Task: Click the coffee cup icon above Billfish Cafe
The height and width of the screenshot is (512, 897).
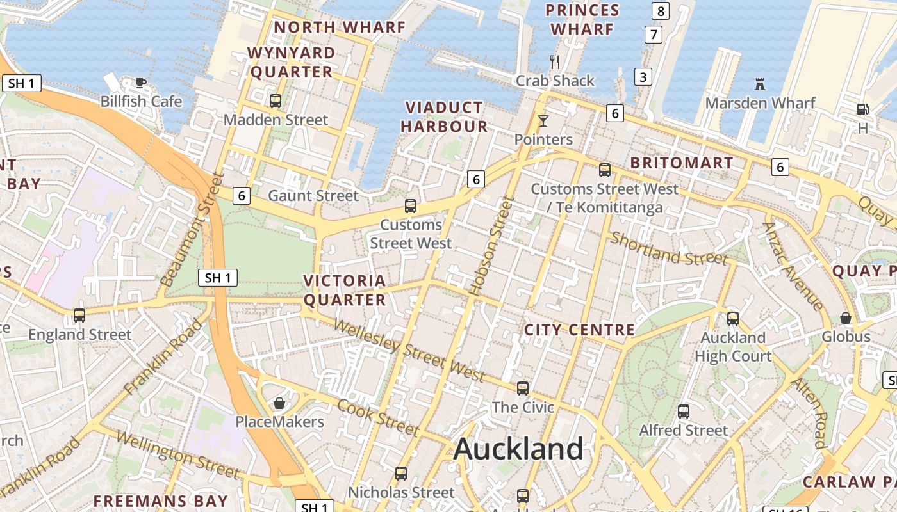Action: pyautogui.click(x=141, y=83)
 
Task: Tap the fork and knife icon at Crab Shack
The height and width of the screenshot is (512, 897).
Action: pyautogui.click(x=555, y=62)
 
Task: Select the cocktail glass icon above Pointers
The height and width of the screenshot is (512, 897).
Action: pyautogui.click(x=543, y=120)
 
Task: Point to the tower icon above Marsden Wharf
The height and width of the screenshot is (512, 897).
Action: pyautogui.click(x=760, y=84)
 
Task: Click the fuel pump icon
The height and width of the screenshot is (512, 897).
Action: pyautogui.click(x=862, y=109)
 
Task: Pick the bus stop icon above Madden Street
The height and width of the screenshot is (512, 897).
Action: pyautogui.click(x=276, y=100)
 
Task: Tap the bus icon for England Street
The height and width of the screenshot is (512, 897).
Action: pyautogui.click(x=79, y=315)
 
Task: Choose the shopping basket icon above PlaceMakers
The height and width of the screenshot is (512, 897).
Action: pyautogui.click(x=279, y=403)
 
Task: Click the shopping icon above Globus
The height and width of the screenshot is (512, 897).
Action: pyautogui.click(x=846, y=318)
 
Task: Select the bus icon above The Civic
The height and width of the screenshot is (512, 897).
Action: pyautogui.click(x=523, y=388)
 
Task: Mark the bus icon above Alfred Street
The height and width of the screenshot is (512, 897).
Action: pyautogui.click(x=684, y=412)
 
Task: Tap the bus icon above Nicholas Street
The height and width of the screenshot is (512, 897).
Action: pyautogui.click(x=401, y=474)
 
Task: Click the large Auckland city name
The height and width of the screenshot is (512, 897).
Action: pyautogui.click(x=518, y=449)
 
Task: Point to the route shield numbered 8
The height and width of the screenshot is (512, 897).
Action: pyautogui.click(x=661, y=10)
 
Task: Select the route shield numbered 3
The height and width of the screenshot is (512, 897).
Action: pyautogui.click(x=643, y=77)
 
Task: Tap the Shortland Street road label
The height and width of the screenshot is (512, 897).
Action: pyautogui.click(x=669, y=248)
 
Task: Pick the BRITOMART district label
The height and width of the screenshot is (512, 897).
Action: pyautogui.click(x=681, y=163)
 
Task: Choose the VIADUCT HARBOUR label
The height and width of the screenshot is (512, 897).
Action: pyautogui.click(x=445, y=116)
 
